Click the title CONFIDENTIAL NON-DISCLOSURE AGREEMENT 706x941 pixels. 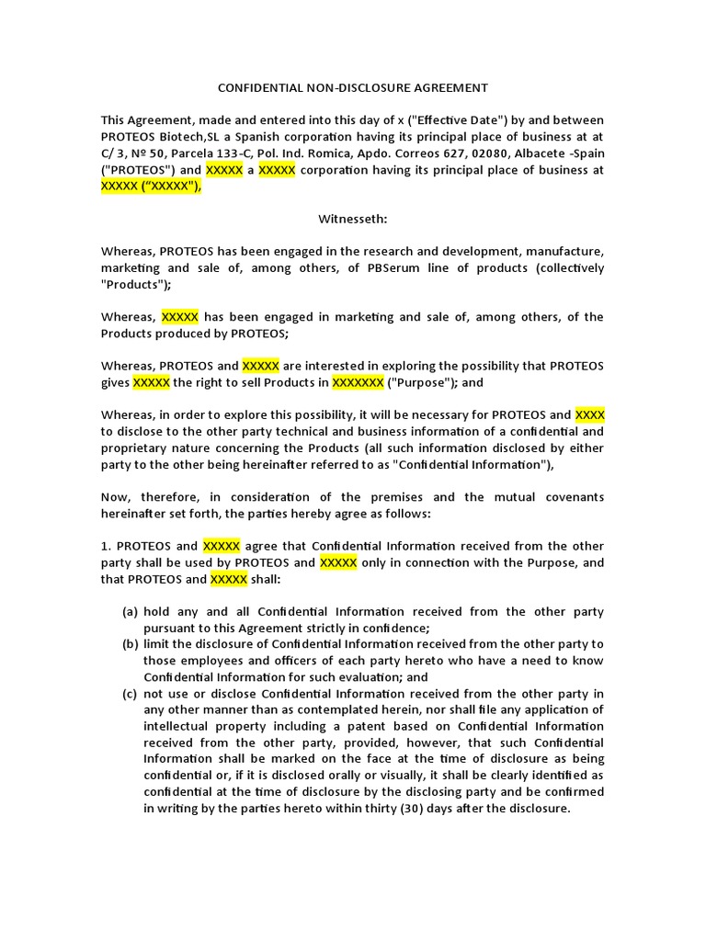pos(353,88)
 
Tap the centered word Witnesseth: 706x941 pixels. pos(353,219)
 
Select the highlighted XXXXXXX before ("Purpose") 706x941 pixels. pos(357,382)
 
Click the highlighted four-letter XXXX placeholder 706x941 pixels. pos(588,414)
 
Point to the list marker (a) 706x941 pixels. pos(131,611)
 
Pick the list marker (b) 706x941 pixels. pos(131,644)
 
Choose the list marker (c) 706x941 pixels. pos(131,693)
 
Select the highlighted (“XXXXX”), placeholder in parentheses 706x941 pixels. pos(171,187)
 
